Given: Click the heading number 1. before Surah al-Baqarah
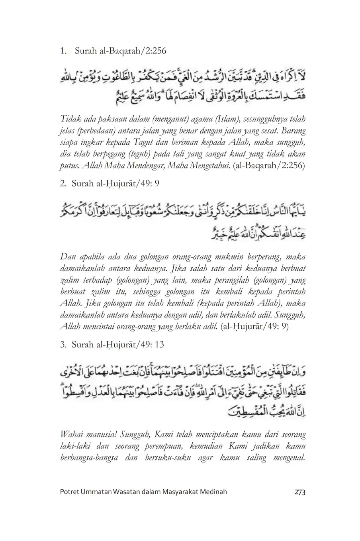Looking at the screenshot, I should [63, 51].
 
